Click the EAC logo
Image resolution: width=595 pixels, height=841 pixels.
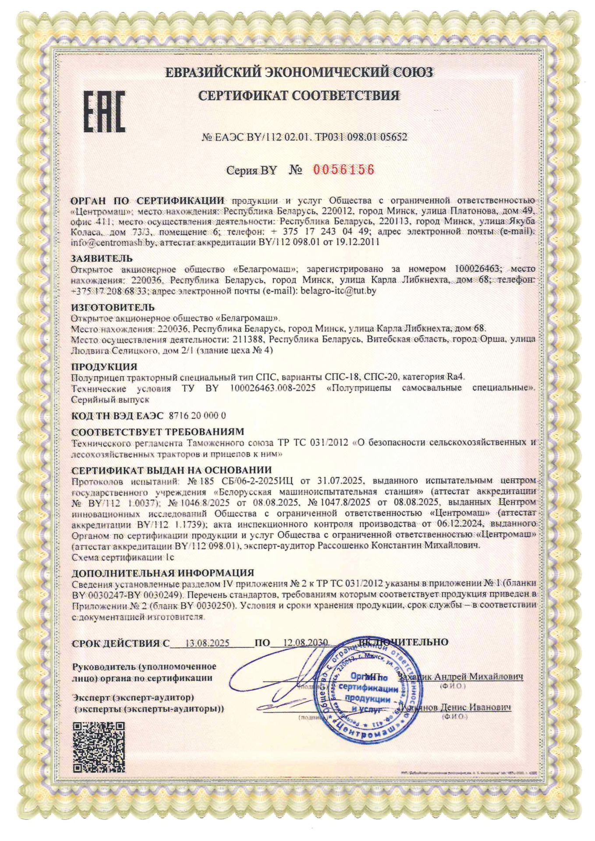104,112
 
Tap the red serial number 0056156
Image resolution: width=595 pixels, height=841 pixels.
344,170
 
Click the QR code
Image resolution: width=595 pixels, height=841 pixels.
99,747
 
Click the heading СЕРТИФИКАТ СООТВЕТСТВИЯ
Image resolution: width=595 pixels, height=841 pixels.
299,95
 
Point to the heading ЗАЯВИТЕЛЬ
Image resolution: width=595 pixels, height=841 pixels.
102,258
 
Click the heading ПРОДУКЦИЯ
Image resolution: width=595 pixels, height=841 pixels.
104,366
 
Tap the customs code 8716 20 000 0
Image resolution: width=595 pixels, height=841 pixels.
197,415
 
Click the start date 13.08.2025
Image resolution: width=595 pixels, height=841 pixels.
207,643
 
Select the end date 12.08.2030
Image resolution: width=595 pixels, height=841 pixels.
305,643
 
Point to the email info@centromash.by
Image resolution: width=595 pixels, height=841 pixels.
113,242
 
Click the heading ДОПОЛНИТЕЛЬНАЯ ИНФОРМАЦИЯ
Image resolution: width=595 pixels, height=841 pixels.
163,573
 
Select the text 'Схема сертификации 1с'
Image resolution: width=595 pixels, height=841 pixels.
123,558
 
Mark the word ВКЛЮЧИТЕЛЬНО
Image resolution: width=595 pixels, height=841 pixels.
403,642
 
